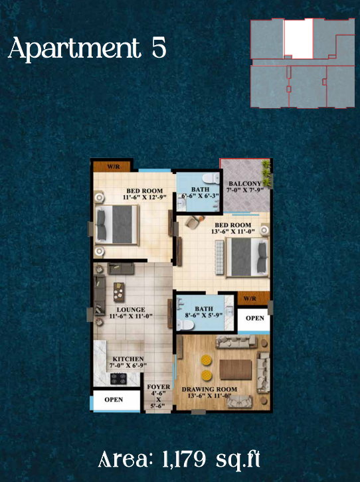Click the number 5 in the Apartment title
click(159, 48)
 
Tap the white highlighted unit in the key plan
click(298, 38)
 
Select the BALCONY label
click(245, 184)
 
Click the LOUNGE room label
click(131, 309)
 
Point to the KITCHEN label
click(128, 359)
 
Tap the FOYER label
click(158, 387)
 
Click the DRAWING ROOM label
click(209, 389)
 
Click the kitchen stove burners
click(119, 378)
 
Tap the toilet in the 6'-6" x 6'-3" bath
click(211, 179)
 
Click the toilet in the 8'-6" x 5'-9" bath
click(185, 325)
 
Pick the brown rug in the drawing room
click(236, 370)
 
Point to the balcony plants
click(266, 174)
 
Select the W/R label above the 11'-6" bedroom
click(114, 167)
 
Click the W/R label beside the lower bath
click(250, 299)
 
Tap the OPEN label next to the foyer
click(114, 400)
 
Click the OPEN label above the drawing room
click(255, 318)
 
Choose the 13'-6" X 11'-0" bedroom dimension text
click(232, 232)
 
